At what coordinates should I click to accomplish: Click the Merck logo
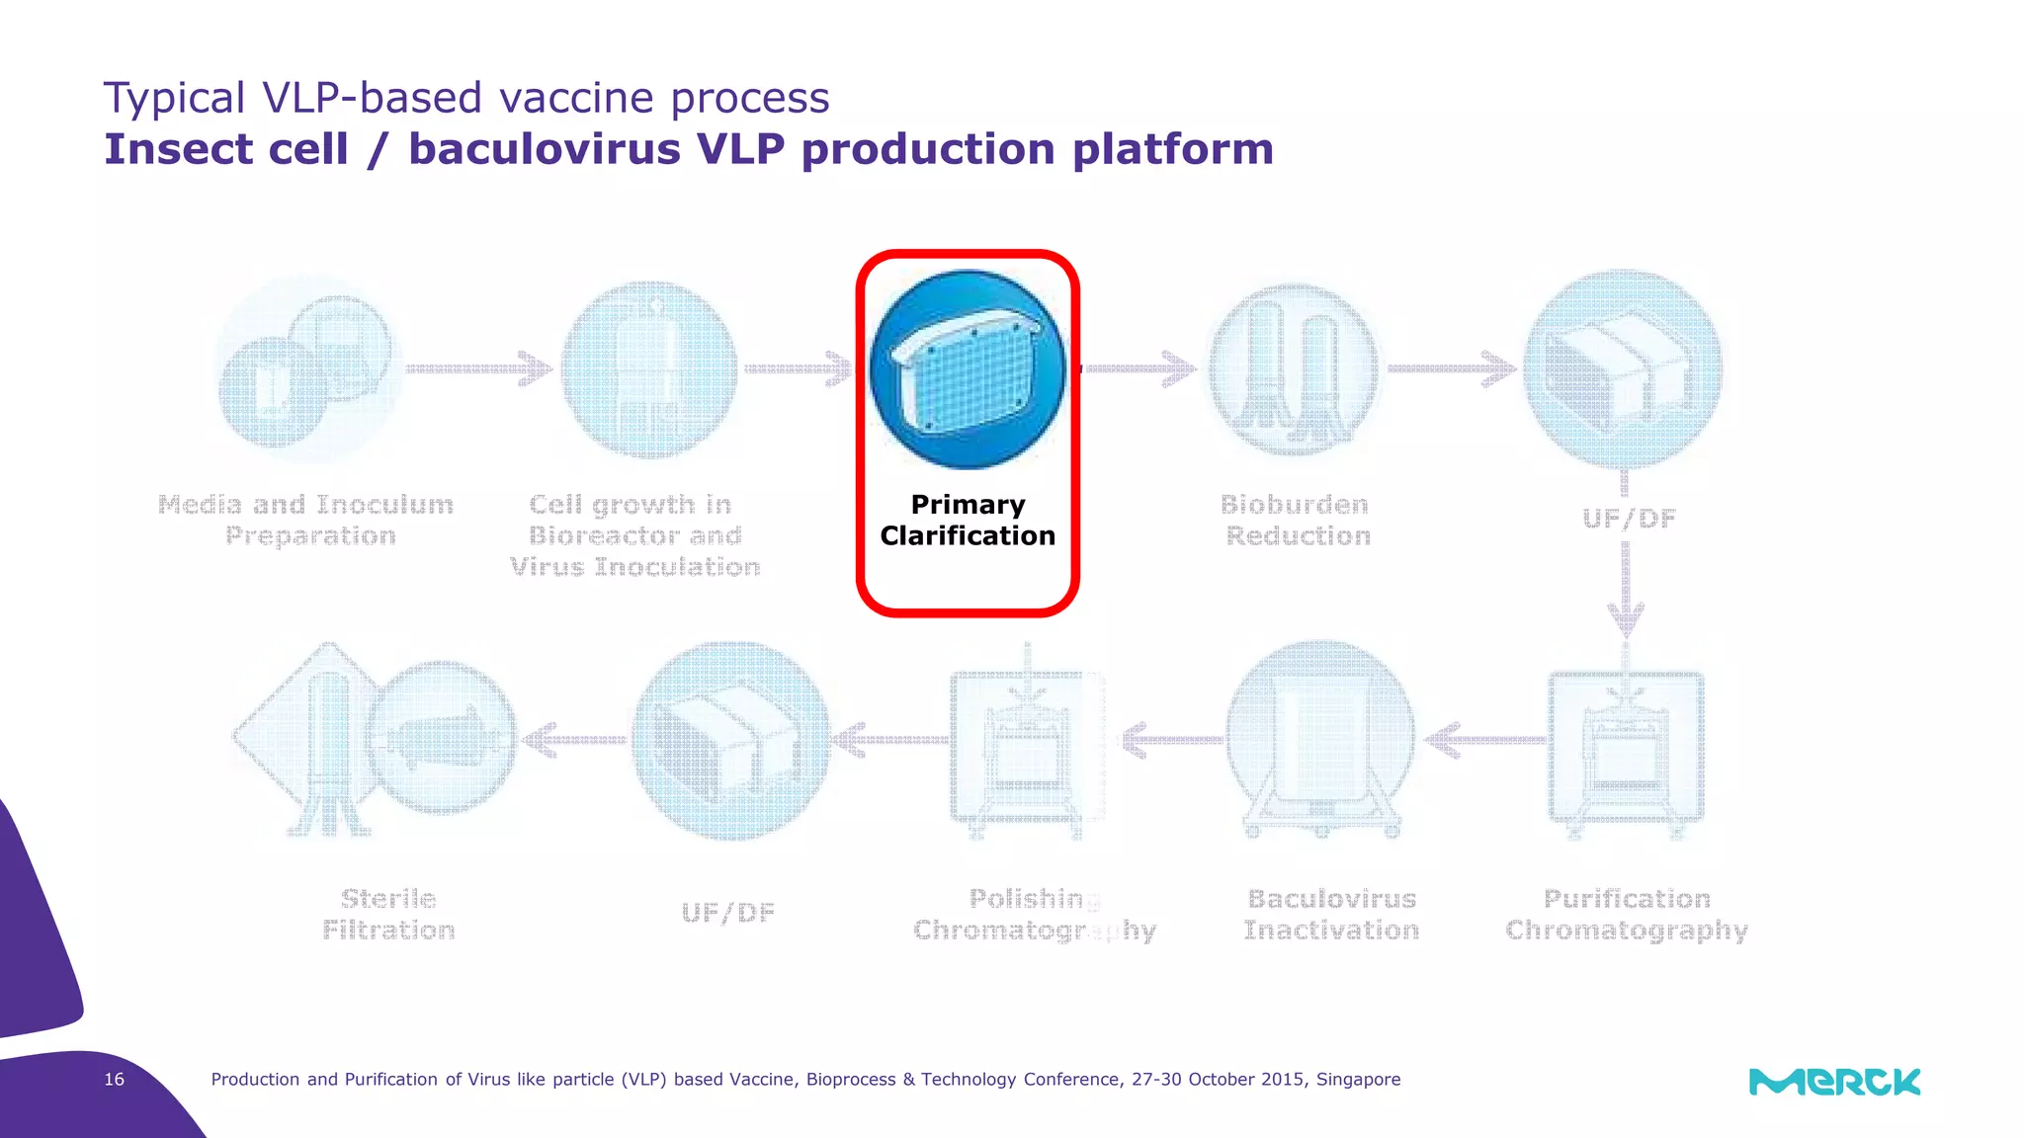[x=1834, y=1082]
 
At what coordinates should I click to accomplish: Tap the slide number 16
[x=115, y=1079]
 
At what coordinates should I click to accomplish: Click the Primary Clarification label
[x=968, y=521]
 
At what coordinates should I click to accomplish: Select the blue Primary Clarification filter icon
[x=968, y=368]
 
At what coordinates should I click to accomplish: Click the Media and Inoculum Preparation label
[x=306, y=521]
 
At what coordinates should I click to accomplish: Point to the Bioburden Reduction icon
[x=1294, y=368]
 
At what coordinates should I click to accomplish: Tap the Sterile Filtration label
[x=388, y=915]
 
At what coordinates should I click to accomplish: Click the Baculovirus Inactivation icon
[x=1320, y=739]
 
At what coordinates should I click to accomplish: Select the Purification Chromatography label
[x=1626, y=915]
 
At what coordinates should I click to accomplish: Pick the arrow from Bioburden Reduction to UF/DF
[x=1451, y=368]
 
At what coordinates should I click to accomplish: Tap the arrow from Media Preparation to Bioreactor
[x=478, y=368]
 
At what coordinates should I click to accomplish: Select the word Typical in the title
[x=174, y=99]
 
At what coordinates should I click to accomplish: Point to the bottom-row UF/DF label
[x=728, y=913]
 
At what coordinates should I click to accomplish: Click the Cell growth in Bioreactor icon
[x=649, y=368]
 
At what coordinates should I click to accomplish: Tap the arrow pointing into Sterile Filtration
[x=573, y=739]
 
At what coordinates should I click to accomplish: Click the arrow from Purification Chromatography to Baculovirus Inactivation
[x=1484, y=739]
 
